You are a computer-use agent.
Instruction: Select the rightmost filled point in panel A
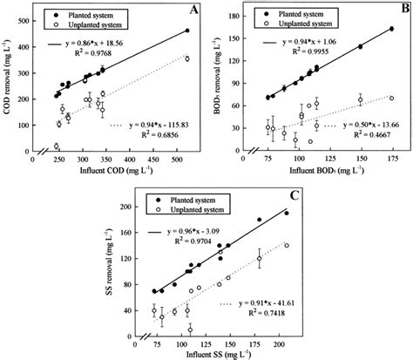click(187, 31)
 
